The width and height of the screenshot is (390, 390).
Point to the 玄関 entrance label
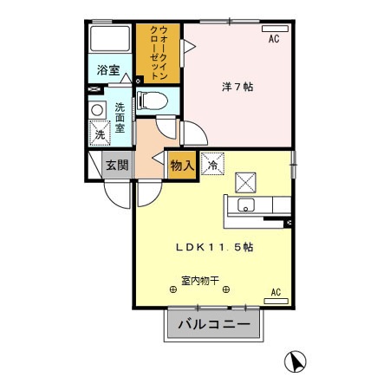(117, 164)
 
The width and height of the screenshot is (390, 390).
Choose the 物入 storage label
(180, 163)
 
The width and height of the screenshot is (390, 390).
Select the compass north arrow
(295, 361)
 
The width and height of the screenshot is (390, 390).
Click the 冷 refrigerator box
(211, 162)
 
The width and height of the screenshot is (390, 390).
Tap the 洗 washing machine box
(101, 134)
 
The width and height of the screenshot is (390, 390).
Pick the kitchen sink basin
(244, 206)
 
